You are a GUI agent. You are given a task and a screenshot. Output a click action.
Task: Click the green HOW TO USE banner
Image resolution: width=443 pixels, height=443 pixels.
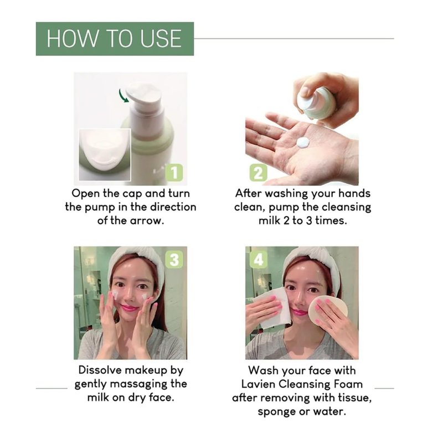pos(115,39)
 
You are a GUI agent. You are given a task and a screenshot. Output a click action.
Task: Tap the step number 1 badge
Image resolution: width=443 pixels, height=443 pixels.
pos(174,172)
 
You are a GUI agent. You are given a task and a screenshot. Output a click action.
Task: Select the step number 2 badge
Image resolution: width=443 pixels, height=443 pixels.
pos(258,173)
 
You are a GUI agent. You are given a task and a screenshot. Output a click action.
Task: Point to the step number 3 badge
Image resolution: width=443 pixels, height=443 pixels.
pos(174,260)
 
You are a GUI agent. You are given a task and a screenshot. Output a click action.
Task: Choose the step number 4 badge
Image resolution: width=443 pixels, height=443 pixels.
pos(258,259)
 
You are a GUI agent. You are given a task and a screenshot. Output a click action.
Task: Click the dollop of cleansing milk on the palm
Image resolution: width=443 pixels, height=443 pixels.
pos(303,142)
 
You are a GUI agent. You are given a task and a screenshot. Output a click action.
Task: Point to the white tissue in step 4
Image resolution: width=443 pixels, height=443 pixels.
pos(271,308)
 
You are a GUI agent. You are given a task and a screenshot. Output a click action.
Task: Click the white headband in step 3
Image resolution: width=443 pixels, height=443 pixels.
pos(136,261)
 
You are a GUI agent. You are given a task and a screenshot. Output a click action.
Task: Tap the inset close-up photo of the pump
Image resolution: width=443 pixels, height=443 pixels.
pos(105,154)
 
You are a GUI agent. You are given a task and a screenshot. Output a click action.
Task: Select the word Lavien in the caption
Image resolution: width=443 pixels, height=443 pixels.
pos(258,384)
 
